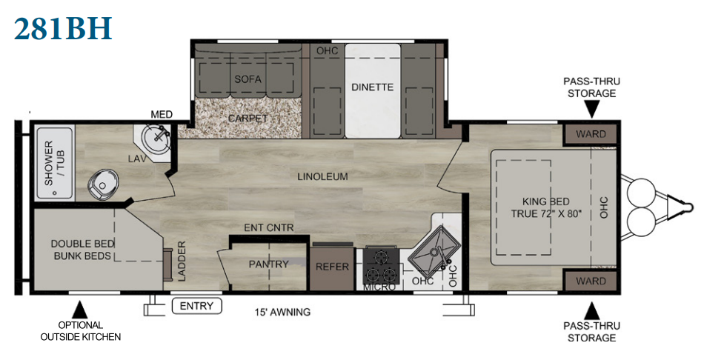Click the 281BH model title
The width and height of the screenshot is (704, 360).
(x=63, y=28)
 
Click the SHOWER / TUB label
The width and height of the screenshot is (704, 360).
(x=54, y=163)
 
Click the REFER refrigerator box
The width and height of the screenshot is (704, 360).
(x=332, y=267)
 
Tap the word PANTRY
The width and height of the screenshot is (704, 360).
(x=268, y=264)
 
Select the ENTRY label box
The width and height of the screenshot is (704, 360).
(x=196, y=306)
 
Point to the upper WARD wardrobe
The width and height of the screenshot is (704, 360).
(x=591, y=134)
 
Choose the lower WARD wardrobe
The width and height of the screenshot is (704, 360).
(x=591, y=281)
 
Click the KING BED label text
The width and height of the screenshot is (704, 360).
(x=546, y=201)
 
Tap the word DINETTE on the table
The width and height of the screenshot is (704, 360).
(x=372, y=87)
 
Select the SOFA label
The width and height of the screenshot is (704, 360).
(x=248, y=79)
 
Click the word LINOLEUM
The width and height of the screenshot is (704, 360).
(x=322, y=176)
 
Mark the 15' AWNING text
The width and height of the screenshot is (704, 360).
(x=282, y=312)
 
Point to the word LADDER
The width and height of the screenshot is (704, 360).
(x=182, y=261)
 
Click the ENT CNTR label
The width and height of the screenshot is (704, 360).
(x=268, y=227)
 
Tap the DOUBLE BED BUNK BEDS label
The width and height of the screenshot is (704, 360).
(x=82, y=250)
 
